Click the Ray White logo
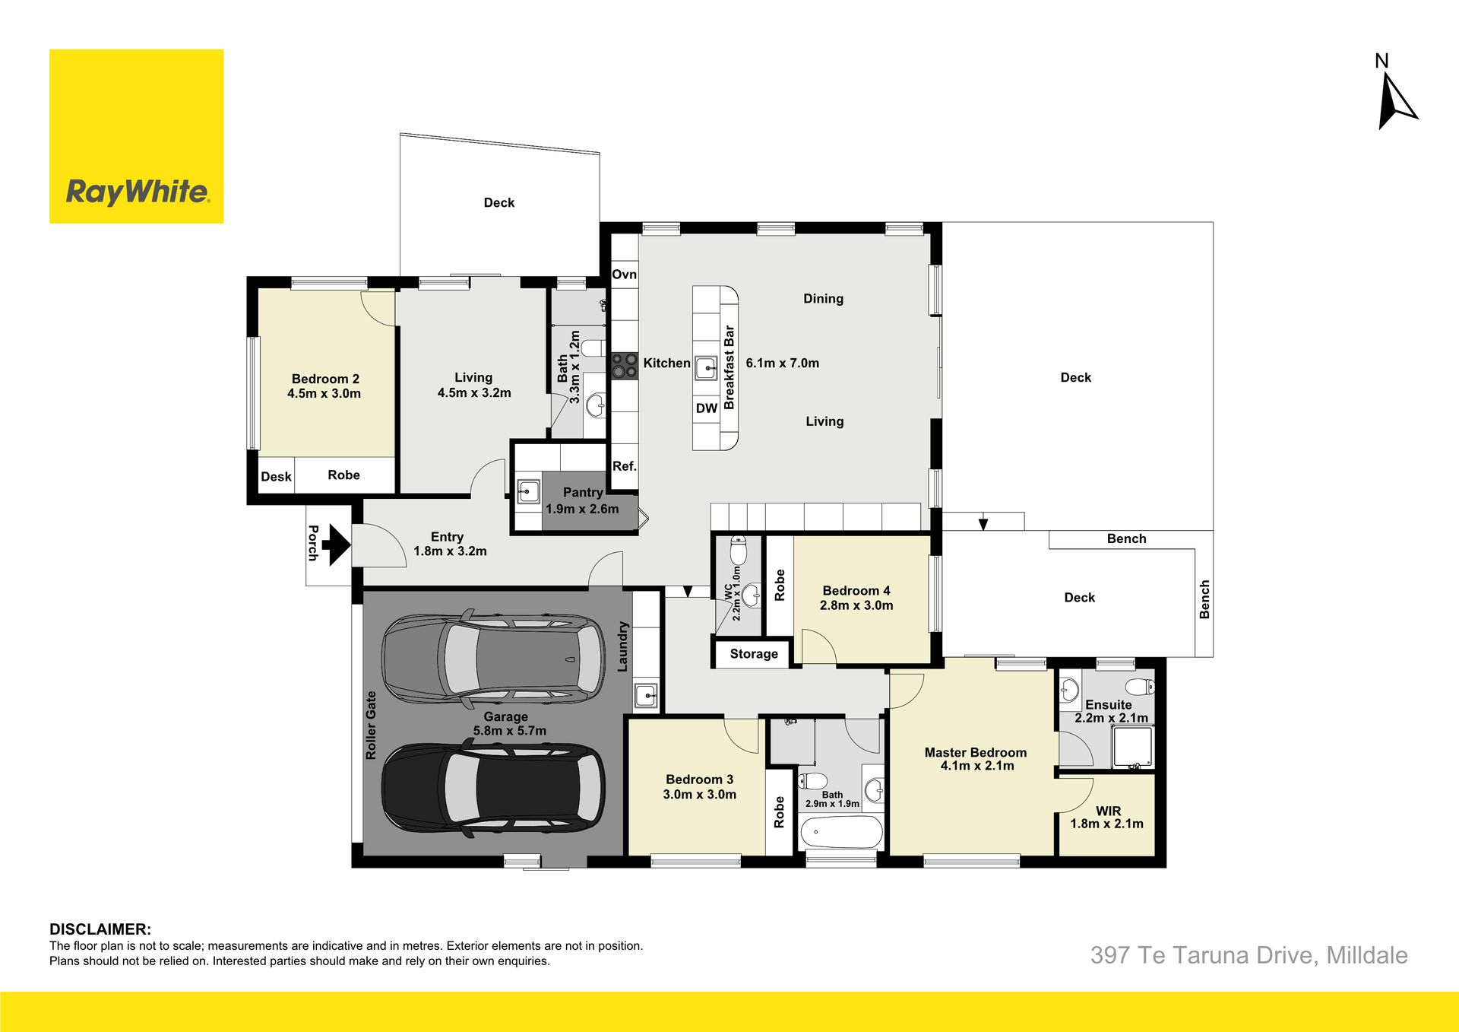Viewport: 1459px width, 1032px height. tap(137, 137)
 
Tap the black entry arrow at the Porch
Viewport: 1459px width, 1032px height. tap(335, 545)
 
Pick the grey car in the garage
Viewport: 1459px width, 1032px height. tap(493, 657)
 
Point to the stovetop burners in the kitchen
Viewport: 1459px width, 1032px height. tap(625, 365)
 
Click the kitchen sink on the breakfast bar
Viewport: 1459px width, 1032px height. tap(706, 369)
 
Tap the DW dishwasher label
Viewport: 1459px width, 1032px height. tap(707, 408)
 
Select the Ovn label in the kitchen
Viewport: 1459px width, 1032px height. tap(625, 275)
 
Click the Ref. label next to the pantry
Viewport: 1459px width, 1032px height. tap(625, 466)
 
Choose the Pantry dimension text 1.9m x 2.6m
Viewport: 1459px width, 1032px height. tap(582, 509)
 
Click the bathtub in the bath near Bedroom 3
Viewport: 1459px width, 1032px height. tap(841, 833)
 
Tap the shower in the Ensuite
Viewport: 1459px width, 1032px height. tap(1133, 747)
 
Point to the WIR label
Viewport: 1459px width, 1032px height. tap(1109, 811)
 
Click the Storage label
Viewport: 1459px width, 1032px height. tap(754, 653)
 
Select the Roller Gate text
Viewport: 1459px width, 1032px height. tap(371, 726)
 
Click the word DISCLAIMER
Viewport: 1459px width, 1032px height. tap(100, 929)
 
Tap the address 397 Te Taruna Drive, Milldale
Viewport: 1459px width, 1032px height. tap(1249, 955)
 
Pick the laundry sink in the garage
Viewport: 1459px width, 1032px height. tap(646, 694)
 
